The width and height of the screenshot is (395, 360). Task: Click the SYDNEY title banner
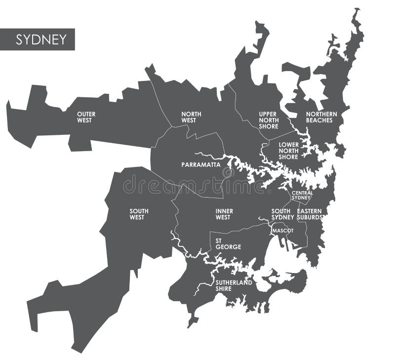38,40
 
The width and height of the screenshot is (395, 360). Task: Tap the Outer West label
86,117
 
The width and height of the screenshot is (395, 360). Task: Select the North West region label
191,117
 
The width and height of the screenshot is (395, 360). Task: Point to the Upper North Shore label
269,120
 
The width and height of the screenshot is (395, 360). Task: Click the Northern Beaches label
321,117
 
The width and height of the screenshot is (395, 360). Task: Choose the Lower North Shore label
288,151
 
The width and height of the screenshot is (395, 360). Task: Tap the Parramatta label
201,164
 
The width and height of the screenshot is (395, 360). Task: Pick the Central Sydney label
302,195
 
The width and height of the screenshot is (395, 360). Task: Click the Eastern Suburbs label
310,214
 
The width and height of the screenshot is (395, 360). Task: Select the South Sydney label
282,214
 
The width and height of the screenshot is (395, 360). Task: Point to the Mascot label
282,231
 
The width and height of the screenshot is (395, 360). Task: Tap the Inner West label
224,214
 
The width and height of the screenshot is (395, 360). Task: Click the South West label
139,214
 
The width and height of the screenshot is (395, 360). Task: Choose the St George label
228,243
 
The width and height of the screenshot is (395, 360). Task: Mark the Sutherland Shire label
234,285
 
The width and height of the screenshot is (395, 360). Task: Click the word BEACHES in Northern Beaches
319,120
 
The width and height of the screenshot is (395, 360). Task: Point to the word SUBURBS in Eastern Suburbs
310,217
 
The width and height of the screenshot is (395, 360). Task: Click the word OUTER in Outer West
86,114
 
